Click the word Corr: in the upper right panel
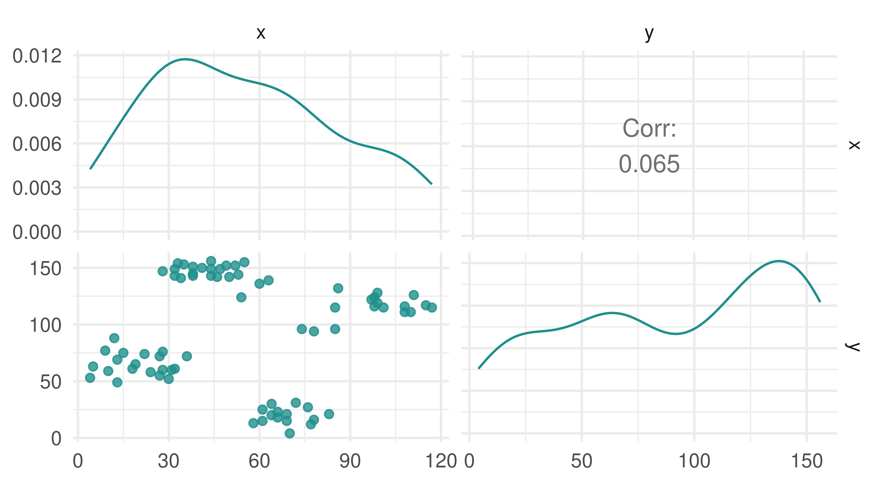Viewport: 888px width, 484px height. tap(649, 129)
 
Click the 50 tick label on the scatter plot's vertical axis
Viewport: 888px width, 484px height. tap(50, 382)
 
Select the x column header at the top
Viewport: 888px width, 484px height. tap(261, 33)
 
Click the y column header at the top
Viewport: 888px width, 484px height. tap(649, 33)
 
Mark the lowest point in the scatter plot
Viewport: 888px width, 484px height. tap(290, 433)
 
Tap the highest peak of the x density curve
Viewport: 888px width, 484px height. tap(185, 59)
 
